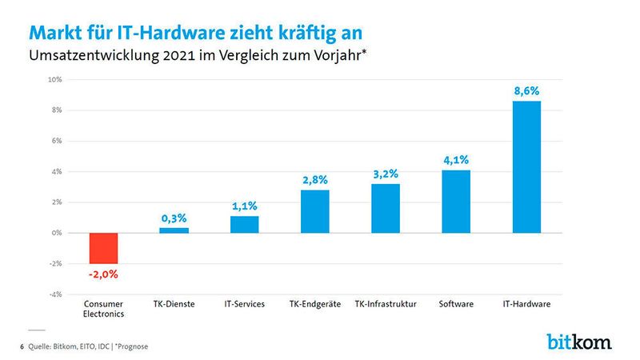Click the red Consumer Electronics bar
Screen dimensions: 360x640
pyautogui.click(x=103, y=248)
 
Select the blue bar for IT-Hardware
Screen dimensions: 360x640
pyautogui.click(x=526, y=166)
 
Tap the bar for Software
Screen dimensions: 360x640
pyautogui.click(x=456, y=201)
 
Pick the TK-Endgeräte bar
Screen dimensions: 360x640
pyautogui.click(x=314, y=211)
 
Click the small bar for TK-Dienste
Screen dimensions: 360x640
pyautogui.click(x=174, y=230)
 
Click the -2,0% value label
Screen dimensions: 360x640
pyautogui.click(x=103, y=274)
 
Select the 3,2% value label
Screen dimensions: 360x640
pyautogui.click(x=386, y=174)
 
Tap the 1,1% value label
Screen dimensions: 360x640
pyautogui.click(x=244, y=206)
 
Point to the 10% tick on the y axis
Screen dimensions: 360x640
pyautogui.click(x=54, y=80)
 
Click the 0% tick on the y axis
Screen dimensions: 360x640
pyautogui.click(x=57, y=233)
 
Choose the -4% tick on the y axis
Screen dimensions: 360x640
pyautogui.click(x=55, y=294)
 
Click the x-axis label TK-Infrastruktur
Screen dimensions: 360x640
pyautogui.click(x=386, y=304)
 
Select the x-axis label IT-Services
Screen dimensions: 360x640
pyautogui.click(x=244, y=304)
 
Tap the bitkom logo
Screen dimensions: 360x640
pyautogui.click(x=579, y=342)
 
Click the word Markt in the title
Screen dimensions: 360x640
pyautogui.click(x=54, y=33)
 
